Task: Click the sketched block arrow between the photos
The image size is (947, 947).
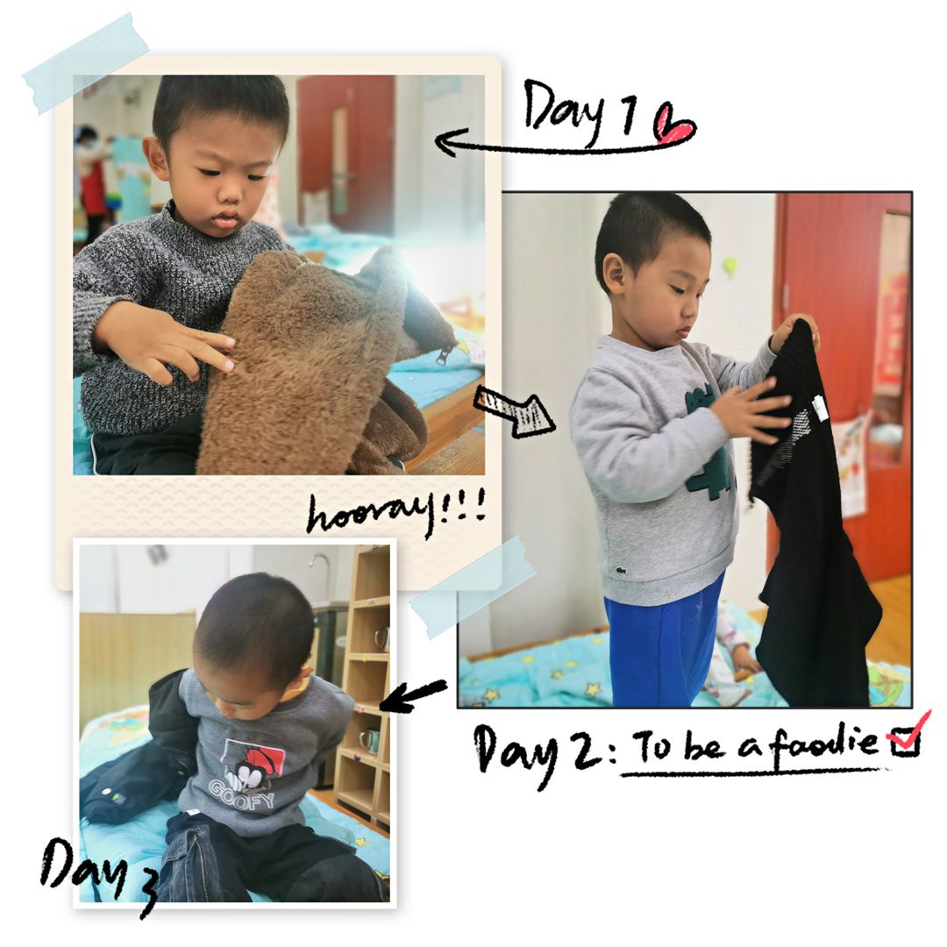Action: click(x=513, y=410)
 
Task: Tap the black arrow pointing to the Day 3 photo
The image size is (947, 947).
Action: click(x=413, y=695)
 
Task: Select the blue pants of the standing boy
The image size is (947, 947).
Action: click(x=665, y=644)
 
